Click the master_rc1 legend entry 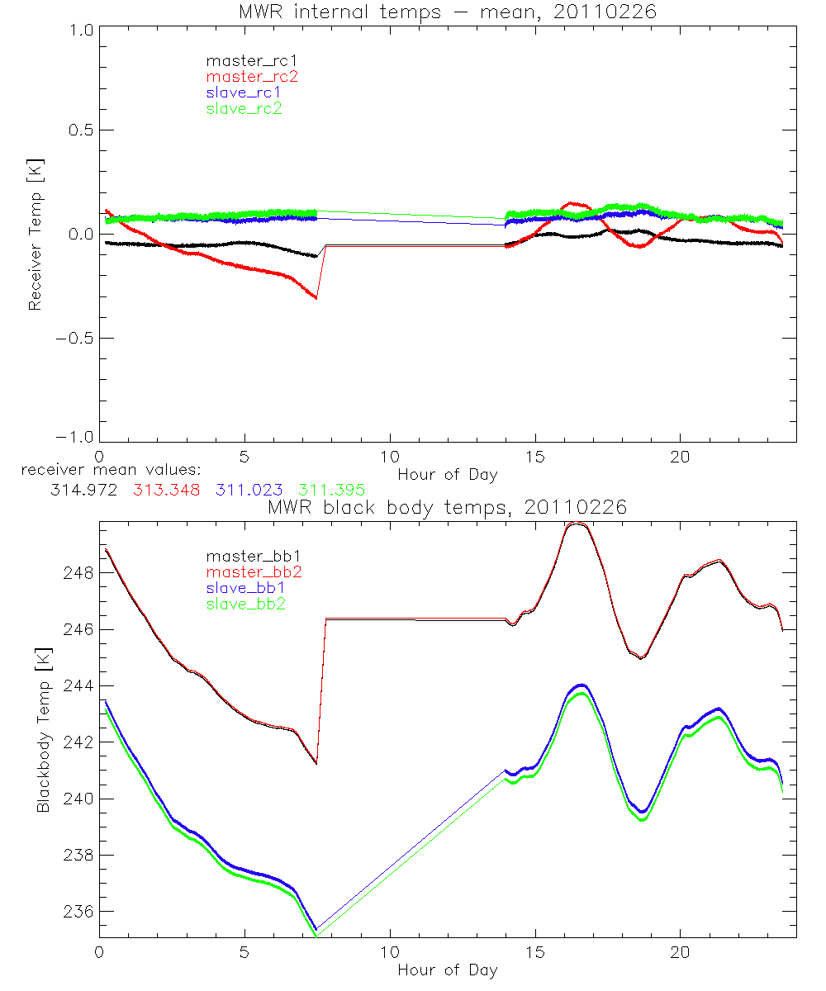244,60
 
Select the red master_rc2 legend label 251,76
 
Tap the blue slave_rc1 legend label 244,92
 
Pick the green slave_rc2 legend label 244,108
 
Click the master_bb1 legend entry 245,556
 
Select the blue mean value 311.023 249,490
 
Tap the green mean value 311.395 331,490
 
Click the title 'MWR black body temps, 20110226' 447,507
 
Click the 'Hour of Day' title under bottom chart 447,970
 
